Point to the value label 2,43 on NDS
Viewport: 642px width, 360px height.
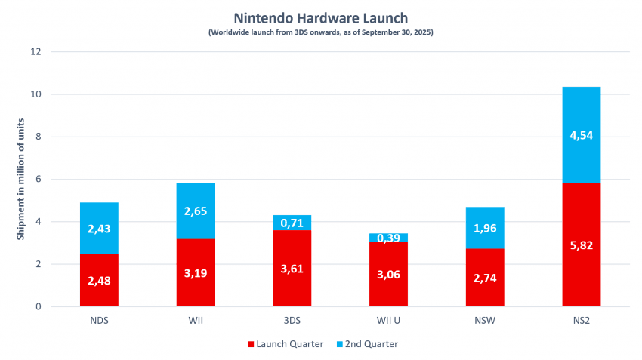tap(99, 229)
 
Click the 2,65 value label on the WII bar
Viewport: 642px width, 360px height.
tap(196, 211)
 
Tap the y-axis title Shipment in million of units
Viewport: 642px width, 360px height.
tap(20, 179)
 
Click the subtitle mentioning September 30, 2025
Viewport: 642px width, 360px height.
tap(321, 32)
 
